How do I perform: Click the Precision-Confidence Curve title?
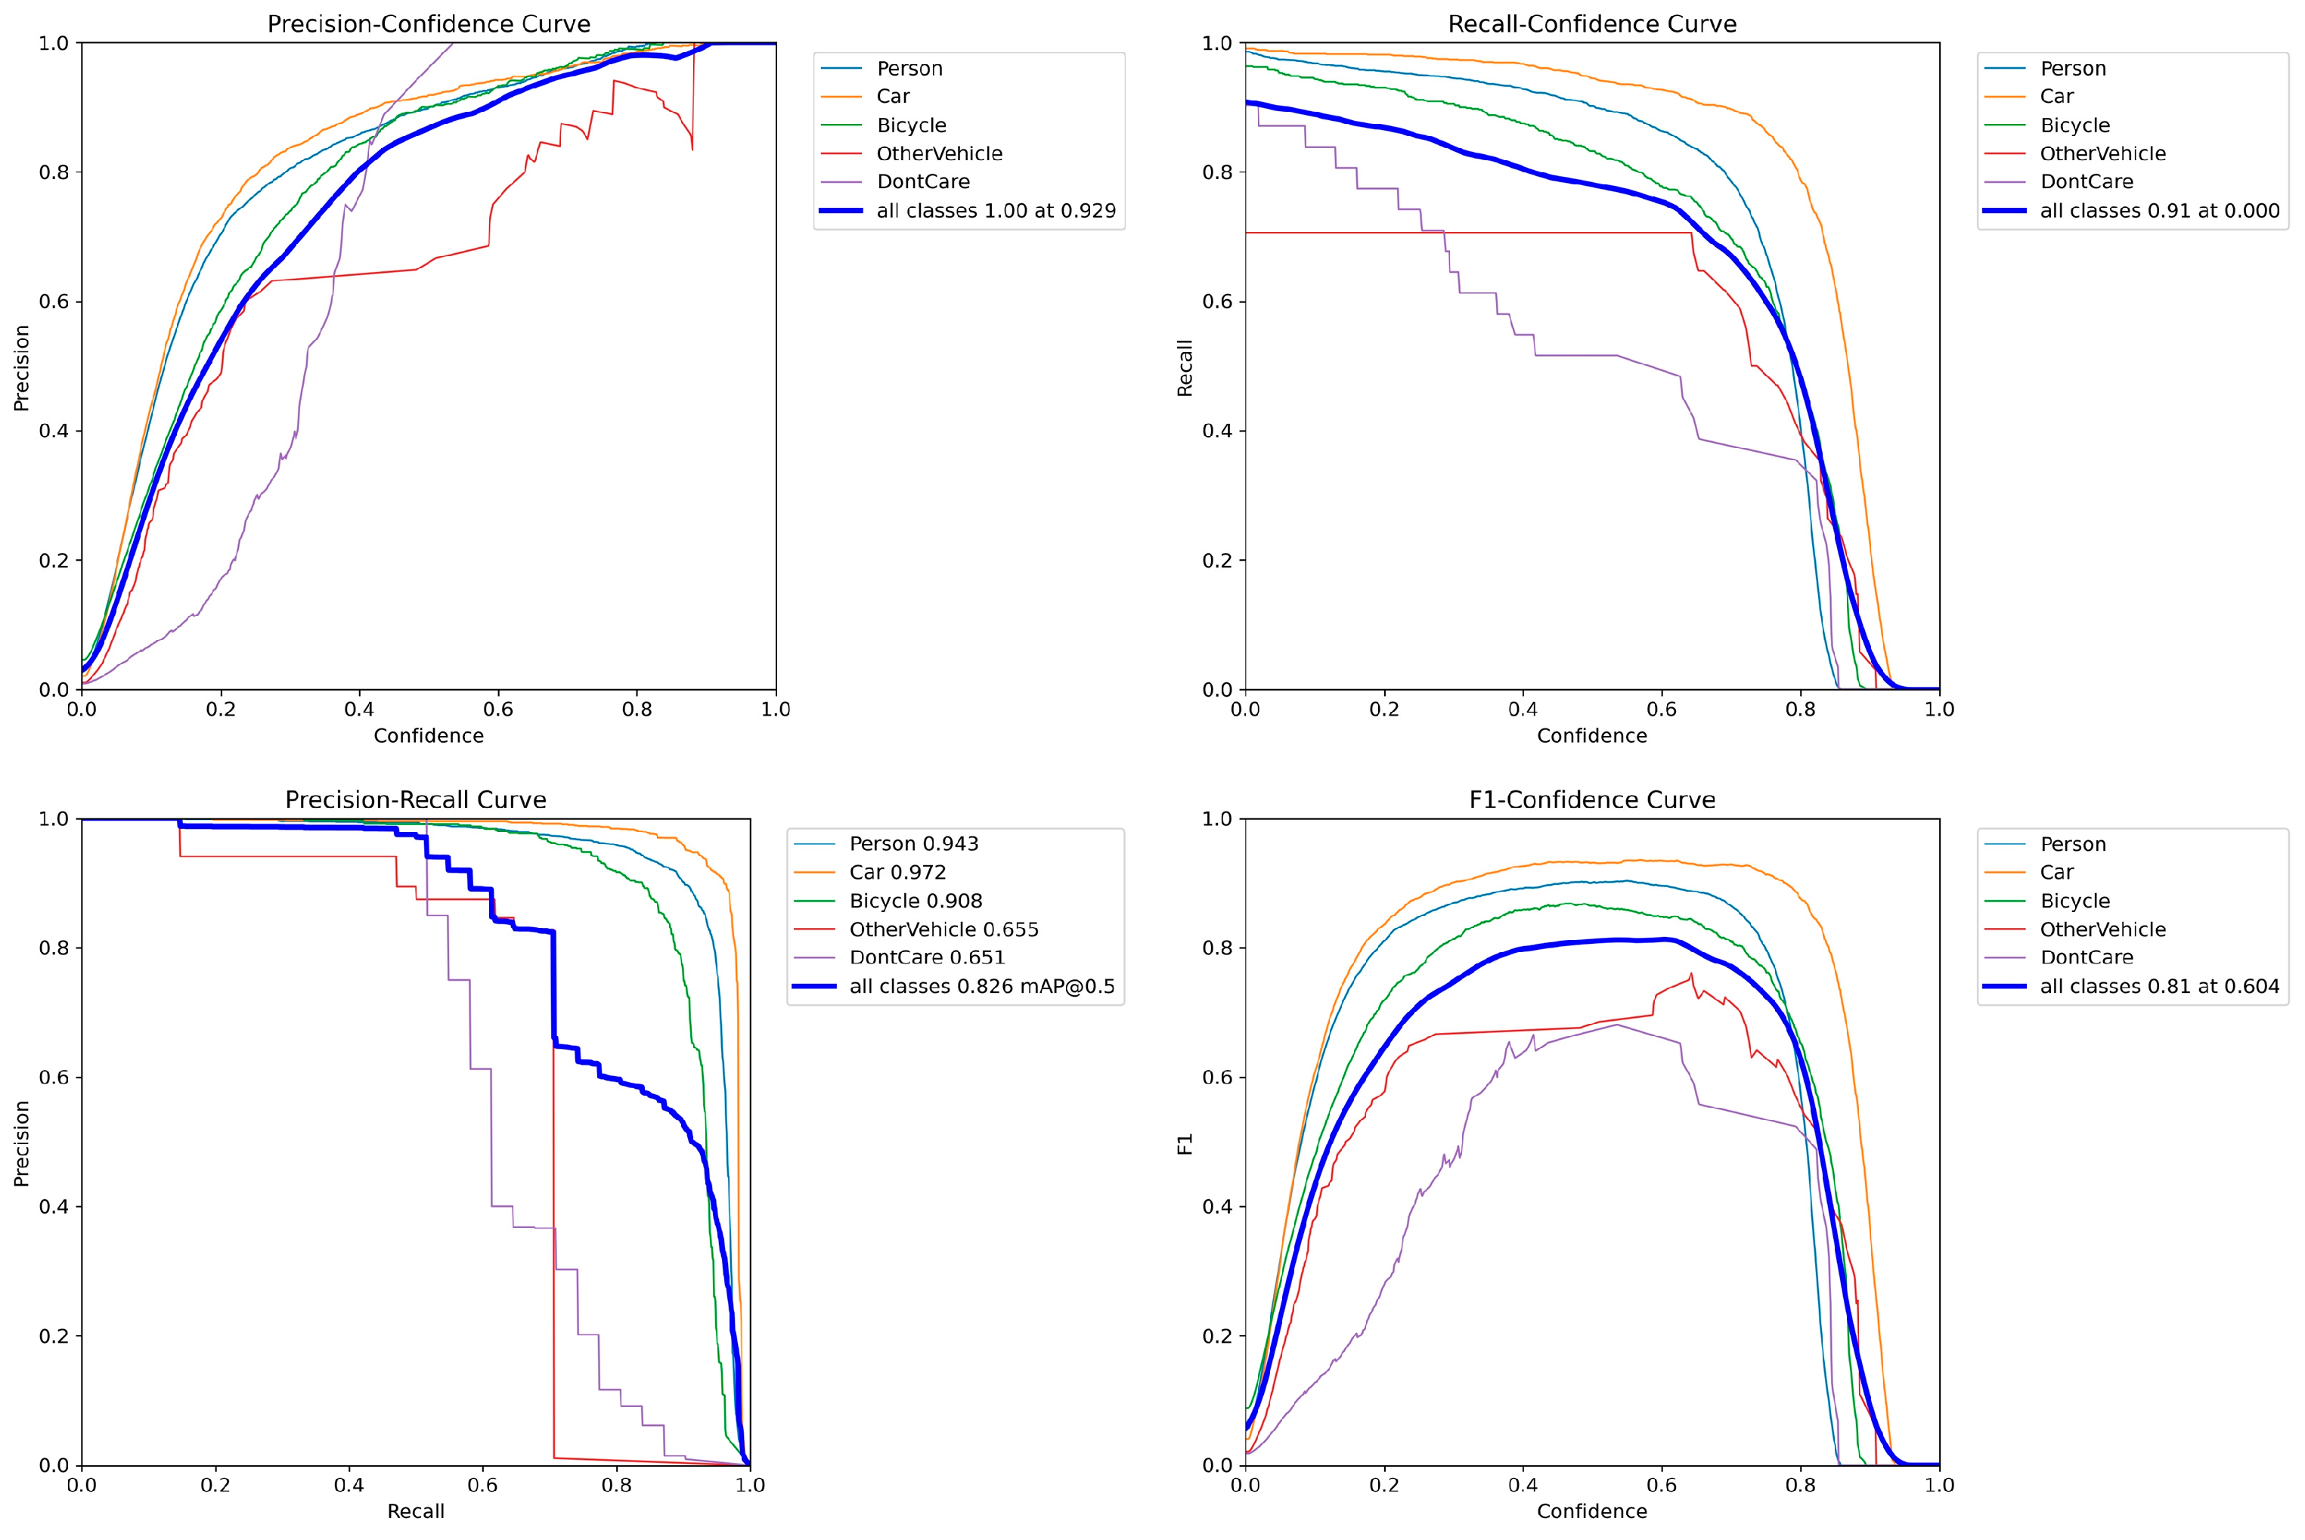point(429,23)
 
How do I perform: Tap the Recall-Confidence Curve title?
point(1591,23)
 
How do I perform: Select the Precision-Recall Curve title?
point(416,799)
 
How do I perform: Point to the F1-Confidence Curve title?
point(1591,799)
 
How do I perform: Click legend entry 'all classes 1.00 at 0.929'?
point(996,211)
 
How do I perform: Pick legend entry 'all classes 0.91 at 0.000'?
point(2158,211)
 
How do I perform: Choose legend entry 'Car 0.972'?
point(897,872)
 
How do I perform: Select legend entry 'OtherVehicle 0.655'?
point(943,929)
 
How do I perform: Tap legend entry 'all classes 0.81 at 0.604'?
point(2158,986)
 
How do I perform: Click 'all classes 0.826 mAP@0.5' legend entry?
point(981,986)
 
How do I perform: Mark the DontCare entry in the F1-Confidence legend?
point(2086,957)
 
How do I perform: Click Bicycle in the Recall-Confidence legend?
point(2074,125)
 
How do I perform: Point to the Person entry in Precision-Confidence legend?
point(909,69)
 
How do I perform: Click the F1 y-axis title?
point(1185,1144)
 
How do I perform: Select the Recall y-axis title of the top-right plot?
point(1185,368)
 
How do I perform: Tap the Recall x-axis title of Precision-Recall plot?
point(416,1511)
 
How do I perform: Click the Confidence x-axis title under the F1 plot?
point(1591,1511)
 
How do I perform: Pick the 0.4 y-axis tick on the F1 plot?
point(1217,1207)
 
